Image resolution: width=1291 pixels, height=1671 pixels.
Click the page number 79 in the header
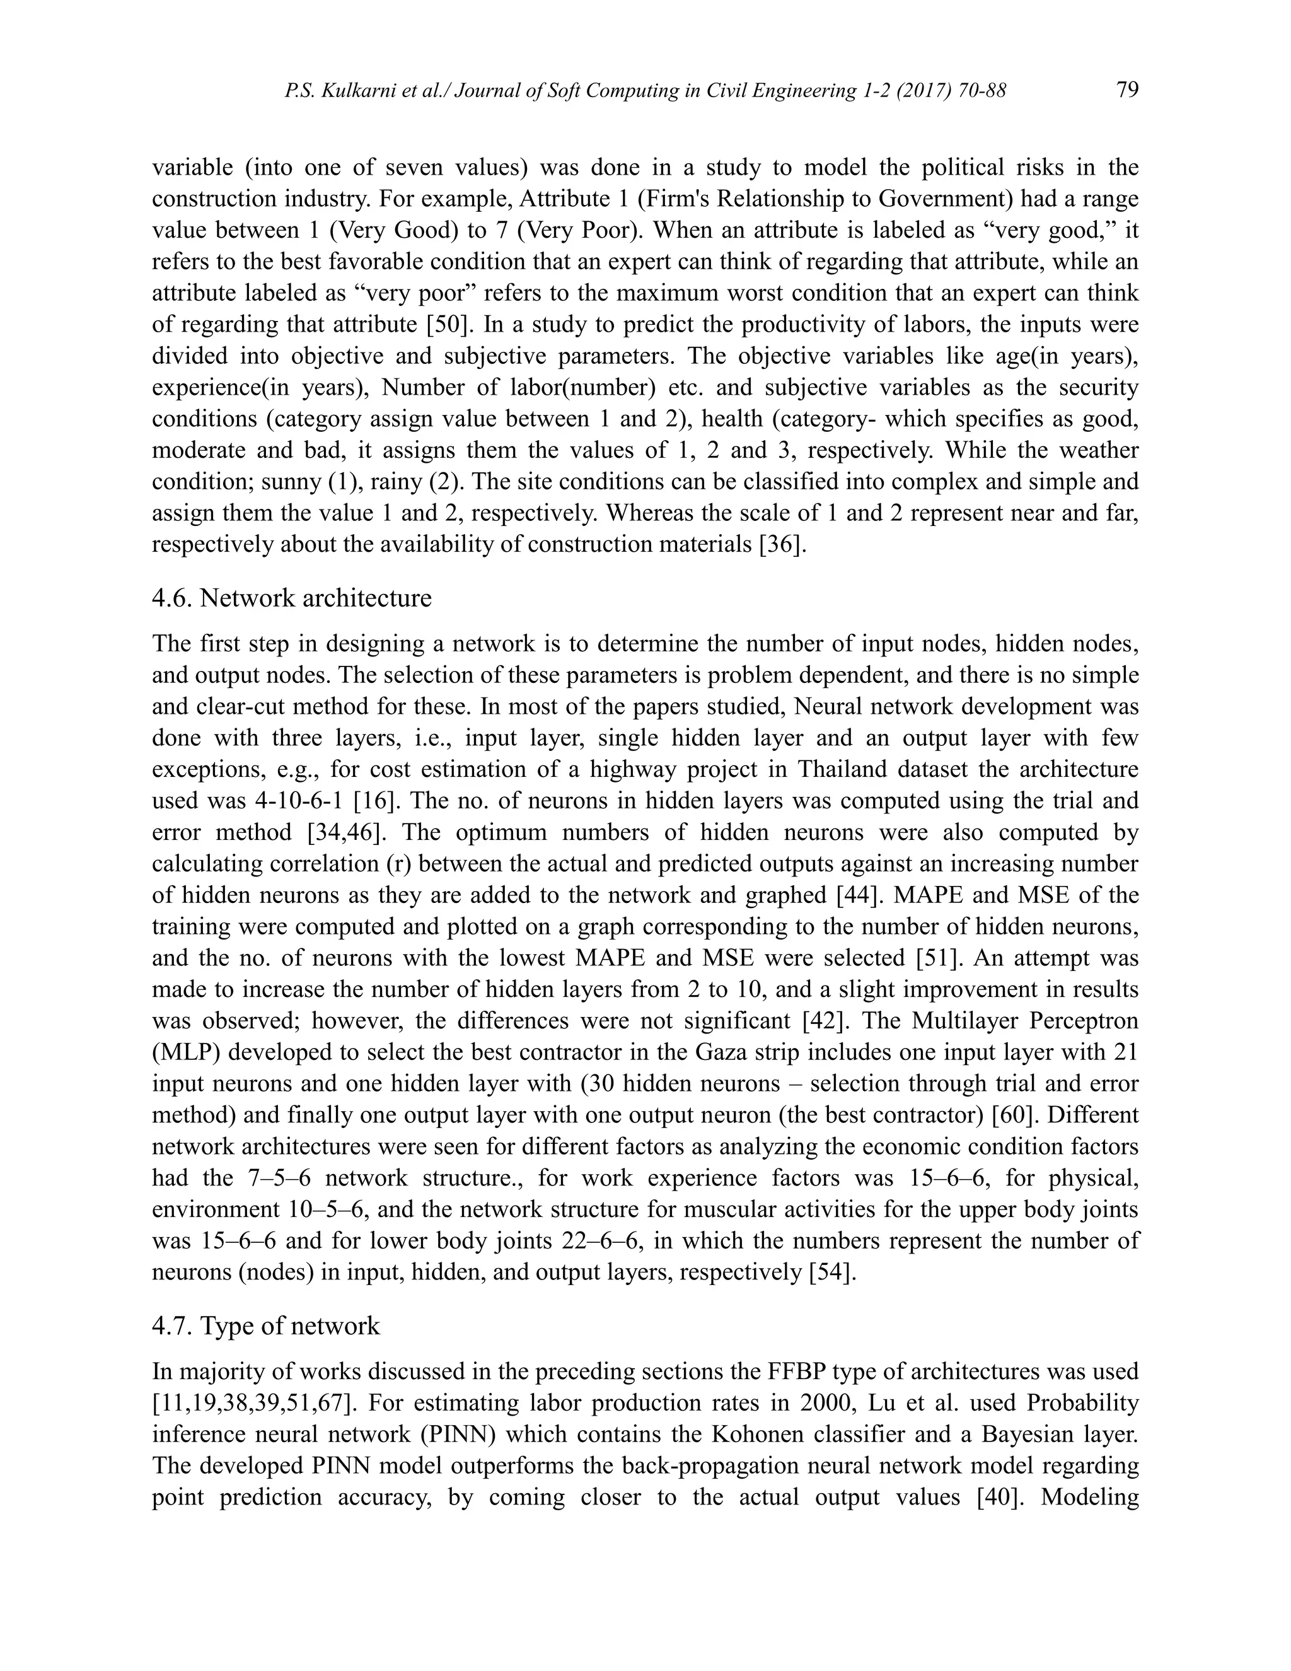tap(1127, 90)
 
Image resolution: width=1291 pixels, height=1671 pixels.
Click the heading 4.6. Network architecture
tap(291, 598)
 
